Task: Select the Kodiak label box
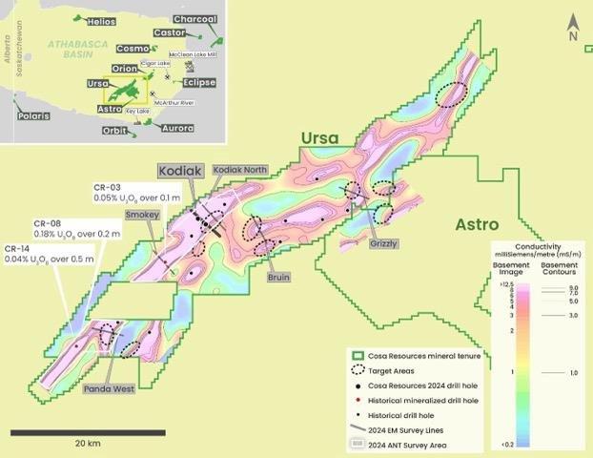(x=180, y=171)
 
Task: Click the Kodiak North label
(x=240, y=169)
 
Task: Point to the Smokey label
(x=141, y=216)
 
